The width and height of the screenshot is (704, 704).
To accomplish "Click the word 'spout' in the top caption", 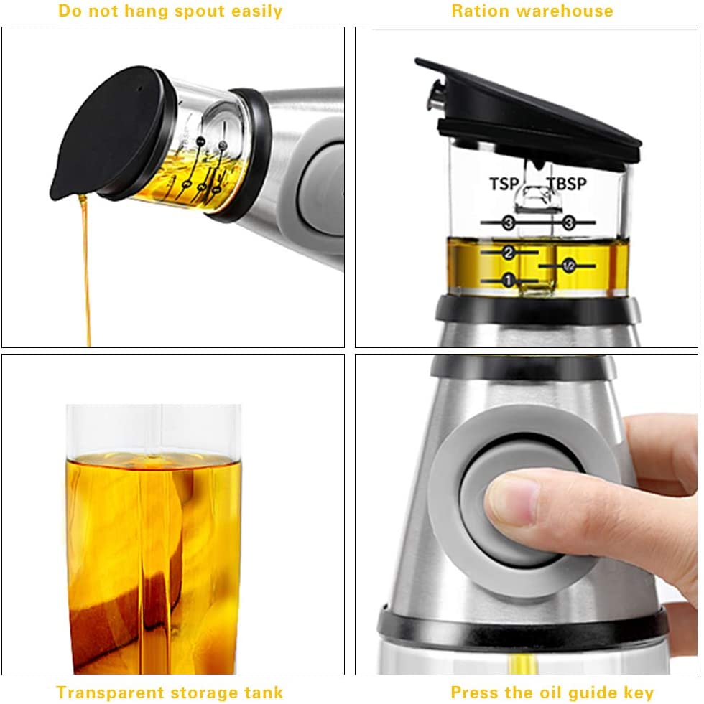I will click(x=201, y=11).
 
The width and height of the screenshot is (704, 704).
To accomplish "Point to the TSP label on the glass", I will click(x=504, y=184).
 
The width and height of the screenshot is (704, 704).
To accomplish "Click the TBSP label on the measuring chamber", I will click(x=568, y=184).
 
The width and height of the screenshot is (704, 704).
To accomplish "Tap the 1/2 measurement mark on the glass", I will click(x=568, y=266).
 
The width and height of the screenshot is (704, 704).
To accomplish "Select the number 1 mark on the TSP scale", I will click(x=509, y=281).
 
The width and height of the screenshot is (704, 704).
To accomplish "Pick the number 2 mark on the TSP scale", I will click(x=509, y=253).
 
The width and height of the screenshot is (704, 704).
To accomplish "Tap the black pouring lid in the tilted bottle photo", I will click(x=108, y=147).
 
